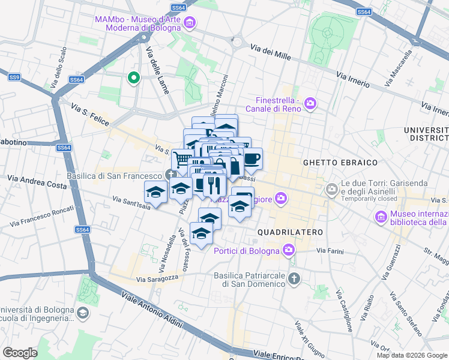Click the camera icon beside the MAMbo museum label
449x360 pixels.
(x=190, y=23)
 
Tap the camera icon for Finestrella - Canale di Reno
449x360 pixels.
(x=310, y=104)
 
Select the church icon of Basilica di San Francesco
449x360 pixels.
(x=172, y=175)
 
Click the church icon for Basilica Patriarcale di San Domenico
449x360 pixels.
(x=294, y=278)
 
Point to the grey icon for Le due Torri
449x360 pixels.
(x=331, y=189)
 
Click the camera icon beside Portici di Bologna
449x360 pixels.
(x=289, y=250)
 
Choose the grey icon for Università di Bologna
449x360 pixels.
(x=83, y=313)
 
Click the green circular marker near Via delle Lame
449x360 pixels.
(x=133, y=77)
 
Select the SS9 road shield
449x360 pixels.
(x=14, y=77)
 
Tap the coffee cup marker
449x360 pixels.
(x=252, y=158)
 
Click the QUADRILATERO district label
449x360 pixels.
(x=290, y=232)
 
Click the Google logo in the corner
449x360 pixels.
(x=20, y=352)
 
